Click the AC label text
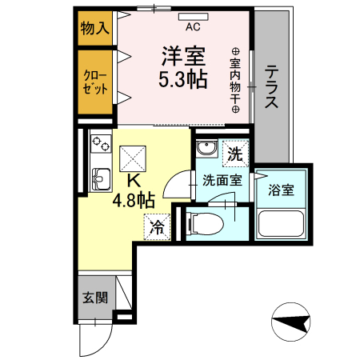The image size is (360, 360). point(193,26)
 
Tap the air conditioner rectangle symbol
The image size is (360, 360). point(193,16)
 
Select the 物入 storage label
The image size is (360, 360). point(94,30)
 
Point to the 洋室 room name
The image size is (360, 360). point(183,57)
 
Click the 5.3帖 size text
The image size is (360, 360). point(183,80)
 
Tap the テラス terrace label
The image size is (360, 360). point(272,87)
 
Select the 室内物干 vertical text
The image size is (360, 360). point(236,79)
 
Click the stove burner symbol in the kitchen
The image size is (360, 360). point(100,144)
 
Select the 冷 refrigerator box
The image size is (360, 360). point(158,226)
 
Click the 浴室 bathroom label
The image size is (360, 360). point(281,190)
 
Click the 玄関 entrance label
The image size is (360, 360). point(95,298)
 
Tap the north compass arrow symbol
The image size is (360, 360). point(292,324)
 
